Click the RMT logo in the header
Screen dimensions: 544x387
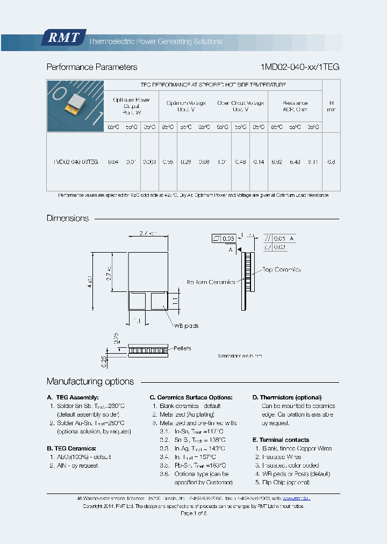point(63,37)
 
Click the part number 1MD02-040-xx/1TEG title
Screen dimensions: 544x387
point(299,67)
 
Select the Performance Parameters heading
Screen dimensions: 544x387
point(92,67)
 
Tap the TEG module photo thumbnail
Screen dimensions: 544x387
point(75,106)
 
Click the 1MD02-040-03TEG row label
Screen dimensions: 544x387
point(76,162)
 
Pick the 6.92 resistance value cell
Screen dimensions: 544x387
point(277,162)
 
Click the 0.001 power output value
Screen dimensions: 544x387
point(150,162)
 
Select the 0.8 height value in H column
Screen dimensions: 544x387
point(331,162)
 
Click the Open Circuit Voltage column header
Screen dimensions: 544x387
point(240,106)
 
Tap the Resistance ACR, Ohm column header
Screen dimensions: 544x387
point(295,106)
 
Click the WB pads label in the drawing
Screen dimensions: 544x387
point(185,326)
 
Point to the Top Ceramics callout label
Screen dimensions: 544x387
point(281,270)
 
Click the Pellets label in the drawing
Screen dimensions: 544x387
point(182,348)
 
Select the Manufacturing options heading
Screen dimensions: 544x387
point(90,382)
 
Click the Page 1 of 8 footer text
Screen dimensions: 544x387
point(193,513)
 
